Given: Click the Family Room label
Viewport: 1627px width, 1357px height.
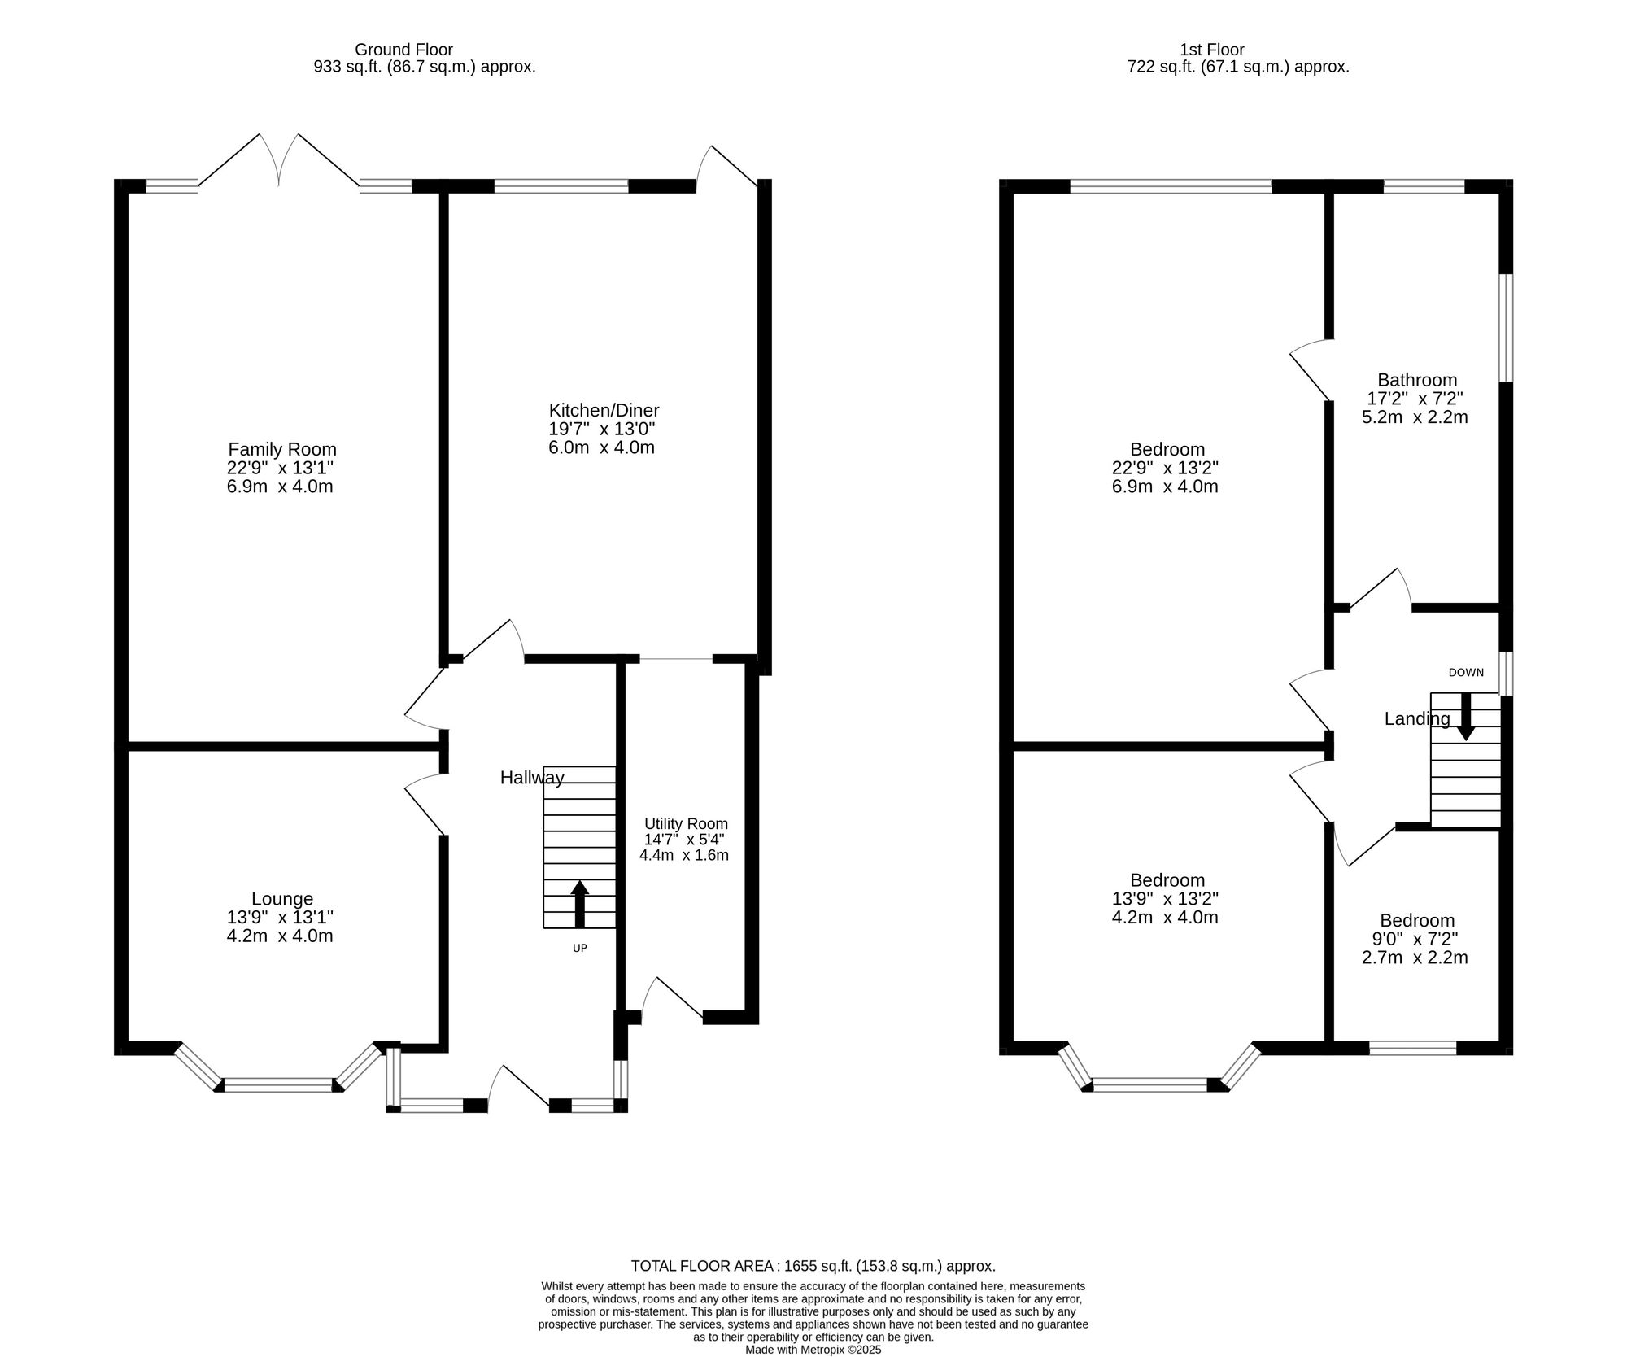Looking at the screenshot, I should coord(281,449).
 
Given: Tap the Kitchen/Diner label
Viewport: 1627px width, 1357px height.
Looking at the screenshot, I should coord(604,410).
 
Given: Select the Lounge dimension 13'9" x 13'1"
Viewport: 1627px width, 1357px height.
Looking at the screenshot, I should coord(280,917).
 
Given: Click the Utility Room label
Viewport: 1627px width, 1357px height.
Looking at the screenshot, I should coord(686,824).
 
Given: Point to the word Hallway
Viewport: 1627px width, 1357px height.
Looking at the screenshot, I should coord(531,778).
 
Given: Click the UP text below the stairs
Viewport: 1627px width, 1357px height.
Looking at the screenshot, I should coord(579,948).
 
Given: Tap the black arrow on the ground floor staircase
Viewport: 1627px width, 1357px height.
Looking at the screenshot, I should coord(579,903).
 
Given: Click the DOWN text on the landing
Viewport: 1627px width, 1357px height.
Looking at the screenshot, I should coord(1466,673).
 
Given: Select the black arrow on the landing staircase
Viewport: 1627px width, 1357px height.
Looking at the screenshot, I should coord(1465,717).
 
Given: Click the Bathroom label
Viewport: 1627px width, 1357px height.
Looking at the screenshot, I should coord(1416,380).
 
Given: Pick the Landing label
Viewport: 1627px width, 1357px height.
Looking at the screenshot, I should coord(1417,719).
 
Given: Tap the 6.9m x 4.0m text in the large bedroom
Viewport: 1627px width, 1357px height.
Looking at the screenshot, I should coord(1165,487).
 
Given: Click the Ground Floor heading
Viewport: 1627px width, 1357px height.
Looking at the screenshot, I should coord(403,50).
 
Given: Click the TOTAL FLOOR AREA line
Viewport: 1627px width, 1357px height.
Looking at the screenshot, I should coord(813,1266).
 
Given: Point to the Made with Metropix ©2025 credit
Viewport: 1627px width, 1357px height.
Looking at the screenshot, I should coord(813,1350).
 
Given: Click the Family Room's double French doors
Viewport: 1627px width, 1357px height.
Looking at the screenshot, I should coord(279,163).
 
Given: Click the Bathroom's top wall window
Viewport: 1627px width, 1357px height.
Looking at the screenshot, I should coord(1424,186).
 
